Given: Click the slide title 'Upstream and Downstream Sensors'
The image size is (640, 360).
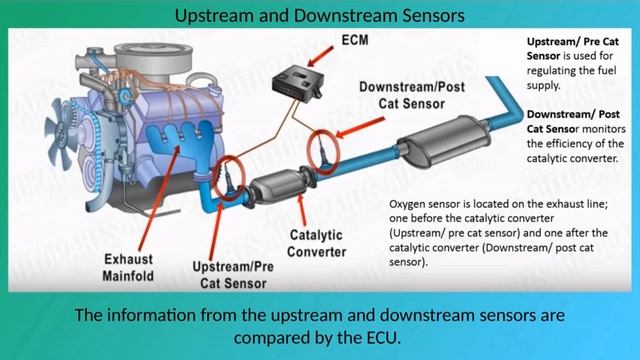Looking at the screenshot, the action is [319, 16].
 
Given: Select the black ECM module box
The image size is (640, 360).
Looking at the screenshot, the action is [297, 81].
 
